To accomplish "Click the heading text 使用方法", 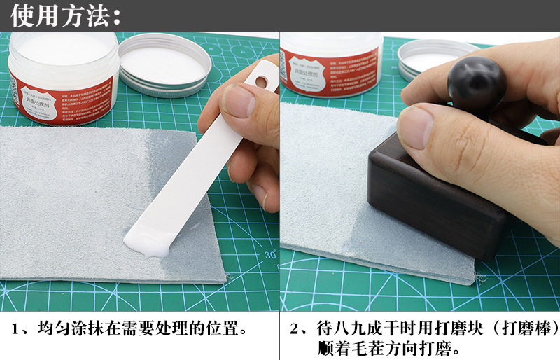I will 66,15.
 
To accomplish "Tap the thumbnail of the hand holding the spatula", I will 239,102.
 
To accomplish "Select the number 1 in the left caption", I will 18,328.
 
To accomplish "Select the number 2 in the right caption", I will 296,328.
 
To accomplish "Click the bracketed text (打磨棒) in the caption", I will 521,328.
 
